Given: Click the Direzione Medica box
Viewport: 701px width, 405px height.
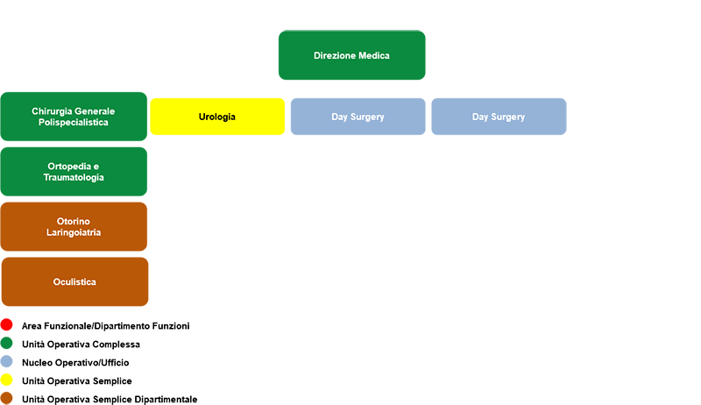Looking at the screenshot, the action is [x=352, y=55].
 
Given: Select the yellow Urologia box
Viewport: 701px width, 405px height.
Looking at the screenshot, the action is [x=217, y=117].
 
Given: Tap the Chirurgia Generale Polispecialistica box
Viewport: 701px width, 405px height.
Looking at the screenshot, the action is [x=74, y=117].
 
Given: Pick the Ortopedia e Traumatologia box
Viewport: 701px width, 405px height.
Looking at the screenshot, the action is [x=74, y=172].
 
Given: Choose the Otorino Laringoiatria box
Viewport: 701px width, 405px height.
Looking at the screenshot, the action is [x=74, y=227].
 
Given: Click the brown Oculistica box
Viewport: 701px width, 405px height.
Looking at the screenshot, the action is [x=74, y=281].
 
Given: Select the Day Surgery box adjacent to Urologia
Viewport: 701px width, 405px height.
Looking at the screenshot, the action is [x=358, y=117].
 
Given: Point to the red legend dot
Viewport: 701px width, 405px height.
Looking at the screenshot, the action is [x=7, y=324].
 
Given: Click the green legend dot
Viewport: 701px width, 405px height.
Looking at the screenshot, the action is [x=7, y=344].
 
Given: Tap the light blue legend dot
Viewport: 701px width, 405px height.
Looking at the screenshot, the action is [x=7, y=362].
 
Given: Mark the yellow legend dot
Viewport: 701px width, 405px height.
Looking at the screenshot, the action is [x=7, y=380].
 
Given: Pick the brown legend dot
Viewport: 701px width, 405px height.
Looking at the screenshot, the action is [x=7, y=398].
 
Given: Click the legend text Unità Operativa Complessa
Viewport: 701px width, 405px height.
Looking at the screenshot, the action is [x=81, y=345].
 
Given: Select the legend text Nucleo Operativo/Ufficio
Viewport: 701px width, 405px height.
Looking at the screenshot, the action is [x=75, y=363].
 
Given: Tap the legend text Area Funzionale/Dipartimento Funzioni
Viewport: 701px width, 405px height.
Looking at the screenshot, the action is [x=105, y=326].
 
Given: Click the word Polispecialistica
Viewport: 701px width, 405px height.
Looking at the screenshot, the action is [x=74, y=123].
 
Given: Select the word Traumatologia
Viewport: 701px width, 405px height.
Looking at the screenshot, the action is [x=74, y=177].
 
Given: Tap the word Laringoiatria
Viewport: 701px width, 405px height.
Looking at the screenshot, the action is [x=74, y=232].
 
